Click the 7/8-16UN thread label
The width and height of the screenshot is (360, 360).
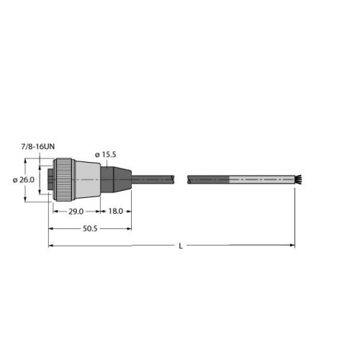point(38,147)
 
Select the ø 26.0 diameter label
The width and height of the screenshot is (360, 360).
point(24,180)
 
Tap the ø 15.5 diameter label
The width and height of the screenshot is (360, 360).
point(105,155)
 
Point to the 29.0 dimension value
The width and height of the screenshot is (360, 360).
point(76,212)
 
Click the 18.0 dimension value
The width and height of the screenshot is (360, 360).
point(116,211)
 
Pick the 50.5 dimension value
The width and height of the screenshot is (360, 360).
point(90,229)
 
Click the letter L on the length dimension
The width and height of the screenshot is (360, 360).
point(181,246)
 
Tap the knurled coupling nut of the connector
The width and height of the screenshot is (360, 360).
point(62,179)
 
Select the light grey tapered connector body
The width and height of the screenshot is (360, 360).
point(86,179)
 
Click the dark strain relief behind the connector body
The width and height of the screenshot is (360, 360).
point(116,179)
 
